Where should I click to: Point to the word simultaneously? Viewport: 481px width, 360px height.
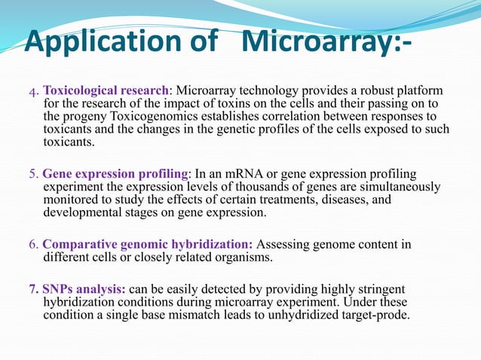392,187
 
